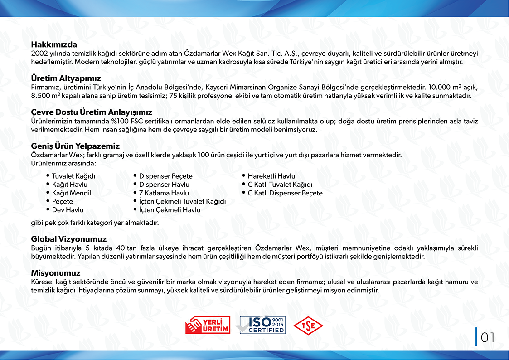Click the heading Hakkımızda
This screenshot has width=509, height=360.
54,45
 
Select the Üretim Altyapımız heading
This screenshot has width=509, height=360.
66,78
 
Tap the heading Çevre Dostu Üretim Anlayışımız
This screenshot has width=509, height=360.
92,112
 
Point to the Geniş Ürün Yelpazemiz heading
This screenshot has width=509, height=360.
75,146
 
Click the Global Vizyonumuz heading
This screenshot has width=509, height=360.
69,239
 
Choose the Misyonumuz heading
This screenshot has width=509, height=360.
56,273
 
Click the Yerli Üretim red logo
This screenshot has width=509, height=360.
208,325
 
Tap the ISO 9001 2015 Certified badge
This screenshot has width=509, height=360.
262,325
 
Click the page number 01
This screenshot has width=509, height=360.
487,337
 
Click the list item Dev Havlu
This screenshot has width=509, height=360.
68,210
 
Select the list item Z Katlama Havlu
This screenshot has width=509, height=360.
164,193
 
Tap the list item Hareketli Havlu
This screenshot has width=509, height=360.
271,176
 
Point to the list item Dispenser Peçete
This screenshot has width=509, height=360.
165,176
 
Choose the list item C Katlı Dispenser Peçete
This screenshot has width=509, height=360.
285,193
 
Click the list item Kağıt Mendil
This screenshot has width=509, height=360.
72,193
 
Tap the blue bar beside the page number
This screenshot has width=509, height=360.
476,337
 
